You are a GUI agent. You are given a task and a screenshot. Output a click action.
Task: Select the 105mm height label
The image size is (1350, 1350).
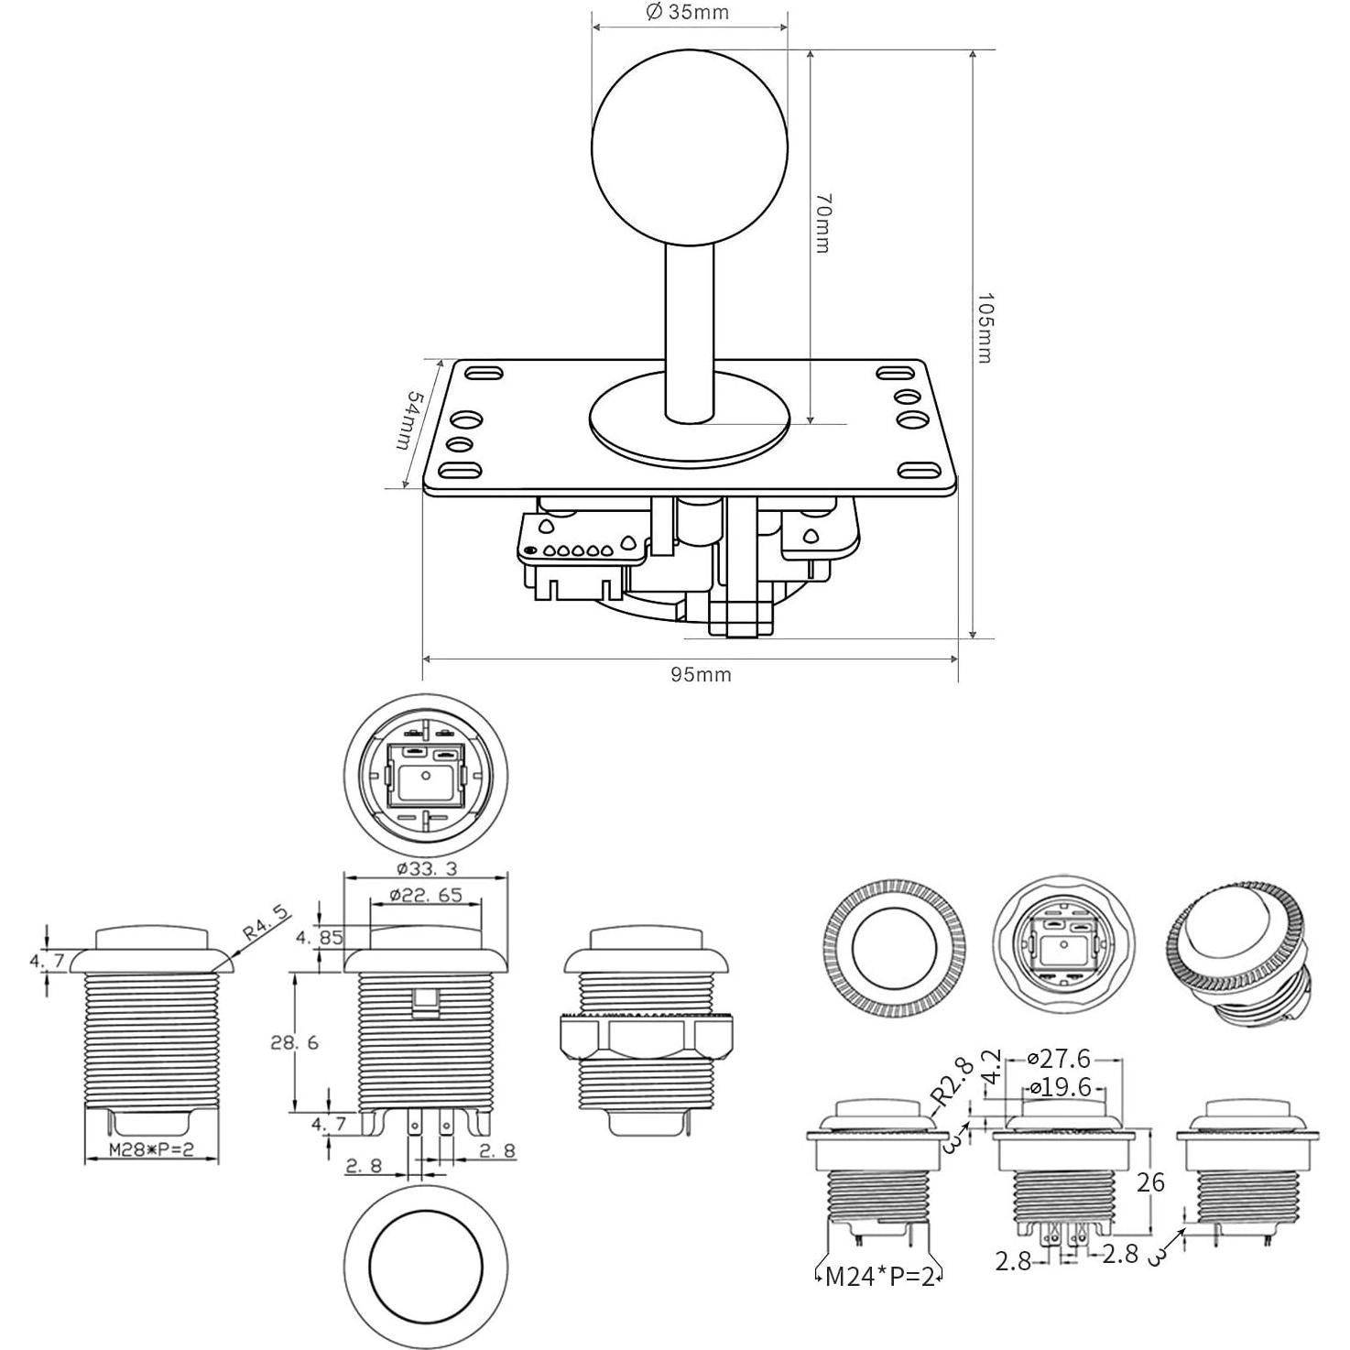[x=985, y=328]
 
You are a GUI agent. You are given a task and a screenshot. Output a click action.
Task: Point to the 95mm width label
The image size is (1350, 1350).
[x=701, y=675]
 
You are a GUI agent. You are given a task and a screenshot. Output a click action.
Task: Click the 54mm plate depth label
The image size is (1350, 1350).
[x=409, y=420]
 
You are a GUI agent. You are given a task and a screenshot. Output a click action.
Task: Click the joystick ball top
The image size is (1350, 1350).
[x=690, y=147]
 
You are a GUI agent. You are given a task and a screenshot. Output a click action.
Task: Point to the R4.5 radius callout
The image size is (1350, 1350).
[x=266, y=922]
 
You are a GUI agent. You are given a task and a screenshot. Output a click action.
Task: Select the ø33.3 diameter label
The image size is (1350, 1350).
[x=426, y=869]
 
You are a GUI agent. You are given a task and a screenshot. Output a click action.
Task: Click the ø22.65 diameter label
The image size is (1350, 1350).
[x=426, y=896]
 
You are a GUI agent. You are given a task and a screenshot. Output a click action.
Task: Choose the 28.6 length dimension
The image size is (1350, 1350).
[x=295, y=1041]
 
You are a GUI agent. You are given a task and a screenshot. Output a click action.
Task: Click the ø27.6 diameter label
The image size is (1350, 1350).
[x=1059, y=1058]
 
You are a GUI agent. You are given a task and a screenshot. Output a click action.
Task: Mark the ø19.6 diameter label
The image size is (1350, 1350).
[x=1061, y=1086]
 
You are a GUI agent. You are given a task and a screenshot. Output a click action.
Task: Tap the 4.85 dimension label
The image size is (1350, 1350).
[x=319, y=937]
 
